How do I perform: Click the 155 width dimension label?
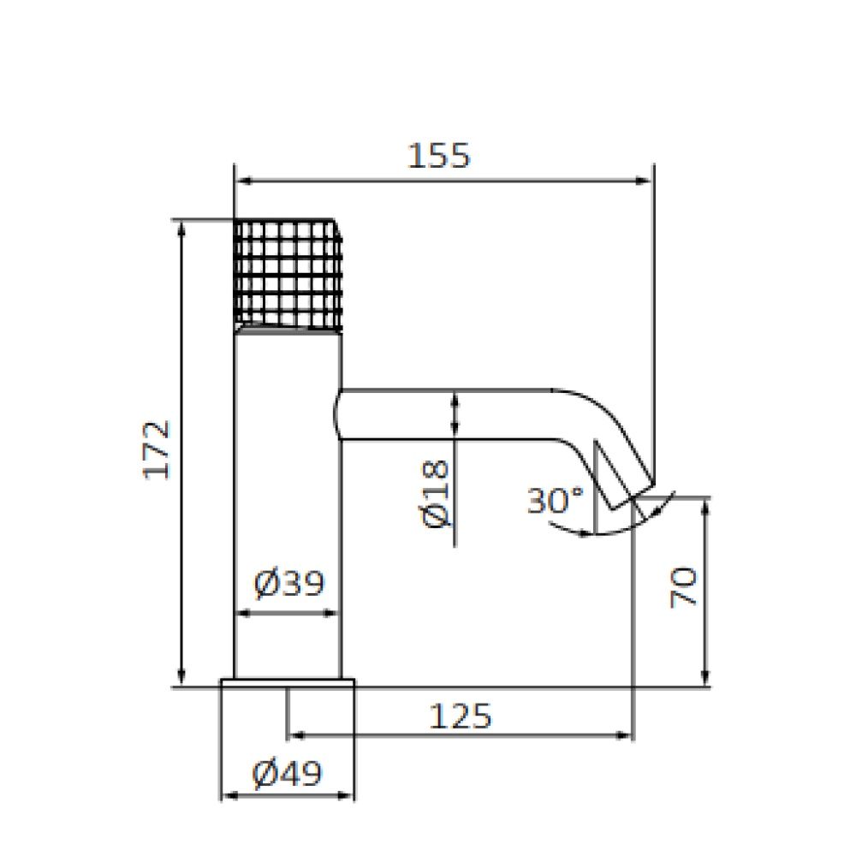(x=438, y=156)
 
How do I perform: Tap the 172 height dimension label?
(x=156, y=450)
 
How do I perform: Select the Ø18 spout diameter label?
(x=437, y=494)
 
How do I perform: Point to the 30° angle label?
(x=556, y=500)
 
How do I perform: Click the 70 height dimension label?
(x=683, y=587)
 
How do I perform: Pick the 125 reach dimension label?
(x=461, y=716)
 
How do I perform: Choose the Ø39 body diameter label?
(x=289, y=583)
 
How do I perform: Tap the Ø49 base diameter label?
(x=288, y=773)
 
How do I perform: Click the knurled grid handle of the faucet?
(x=288, y=275)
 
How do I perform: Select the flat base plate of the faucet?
(x=288, y=683)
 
